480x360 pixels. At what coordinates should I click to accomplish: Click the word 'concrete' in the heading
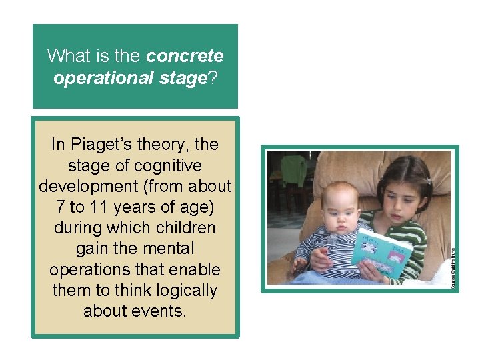(185, 55)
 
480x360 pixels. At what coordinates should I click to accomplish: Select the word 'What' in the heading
(65, 55)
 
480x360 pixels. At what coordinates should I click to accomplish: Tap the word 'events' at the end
(157, 311)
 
